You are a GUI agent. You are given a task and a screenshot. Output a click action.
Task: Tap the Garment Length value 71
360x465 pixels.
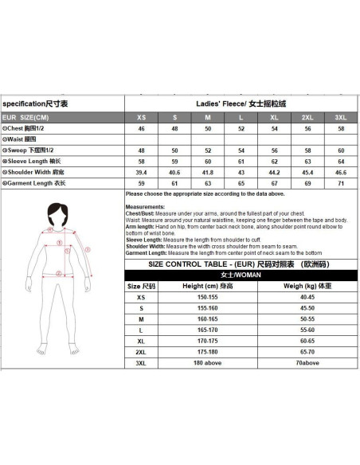point(340,183)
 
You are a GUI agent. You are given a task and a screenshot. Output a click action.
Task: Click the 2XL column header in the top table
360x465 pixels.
point(307,116)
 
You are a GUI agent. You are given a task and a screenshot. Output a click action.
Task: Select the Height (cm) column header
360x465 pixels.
point(208,285)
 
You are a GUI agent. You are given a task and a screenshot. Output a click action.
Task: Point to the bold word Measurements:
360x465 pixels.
point(144,207)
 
